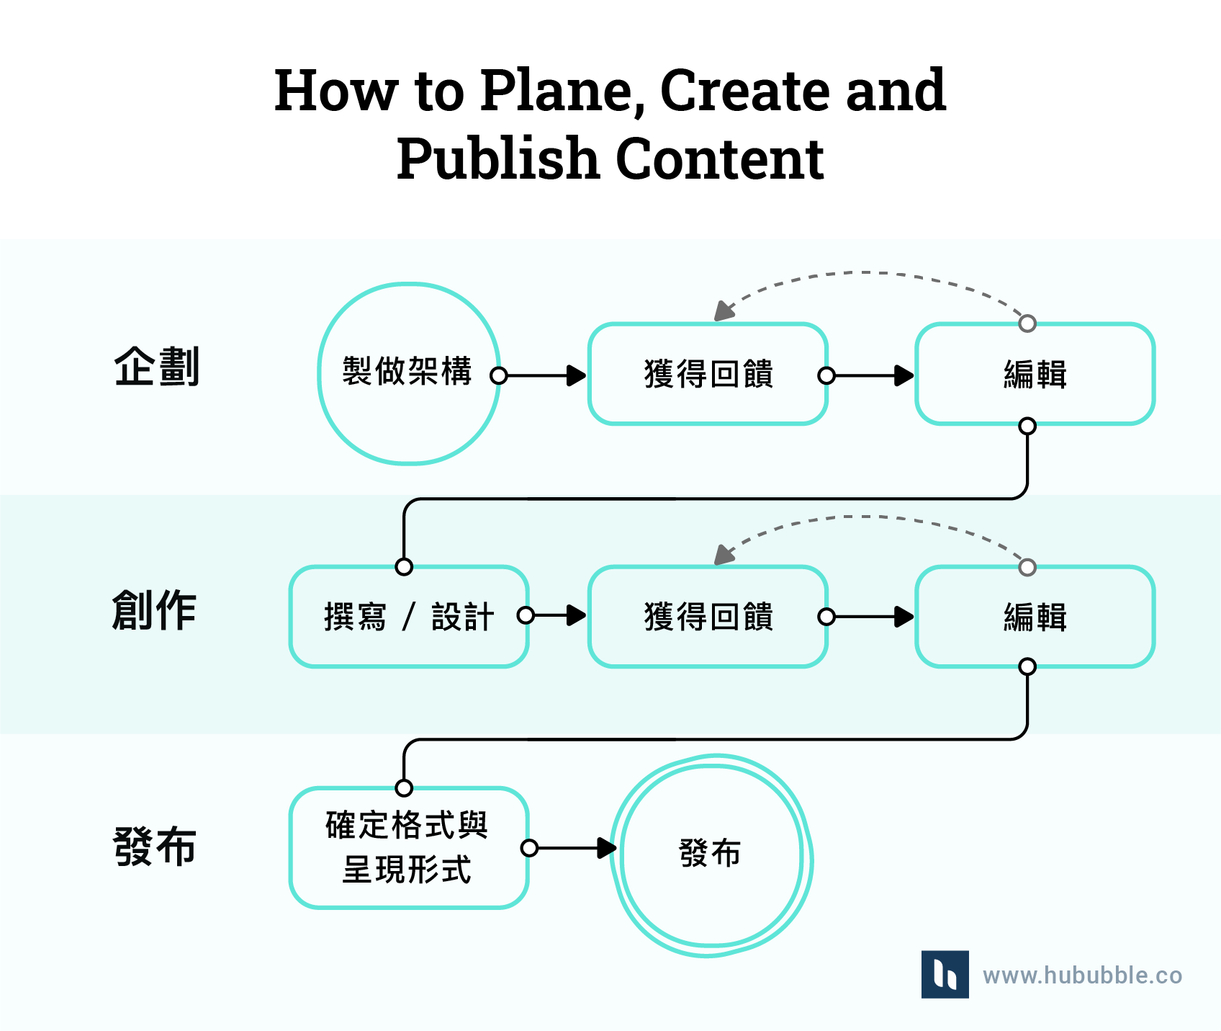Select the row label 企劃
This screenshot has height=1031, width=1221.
click(156, 367)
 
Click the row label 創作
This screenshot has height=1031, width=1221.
click(154, 610)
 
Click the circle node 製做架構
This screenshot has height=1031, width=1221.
click(408, 373)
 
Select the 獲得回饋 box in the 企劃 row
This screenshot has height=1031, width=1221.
click(708, 374)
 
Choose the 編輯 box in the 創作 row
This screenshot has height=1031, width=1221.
click(1035, 617)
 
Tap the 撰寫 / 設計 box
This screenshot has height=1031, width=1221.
click(408, 617)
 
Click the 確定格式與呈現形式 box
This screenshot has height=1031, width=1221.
click(408, 847)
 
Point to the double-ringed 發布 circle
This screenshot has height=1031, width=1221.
click(711, 855)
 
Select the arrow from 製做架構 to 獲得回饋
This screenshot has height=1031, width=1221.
click(540, 375)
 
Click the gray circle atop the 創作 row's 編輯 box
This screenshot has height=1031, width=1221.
click(1027, 567)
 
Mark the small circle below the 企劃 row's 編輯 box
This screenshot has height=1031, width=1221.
click(1027, 426)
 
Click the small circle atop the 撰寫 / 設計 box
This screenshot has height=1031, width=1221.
click(404, 567)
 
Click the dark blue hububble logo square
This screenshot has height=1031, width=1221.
click(945, 974)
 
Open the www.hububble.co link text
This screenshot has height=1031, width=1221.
click(1082, 976)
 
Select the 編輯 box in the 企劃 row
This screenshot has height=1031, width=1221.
click(1035, 374)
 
